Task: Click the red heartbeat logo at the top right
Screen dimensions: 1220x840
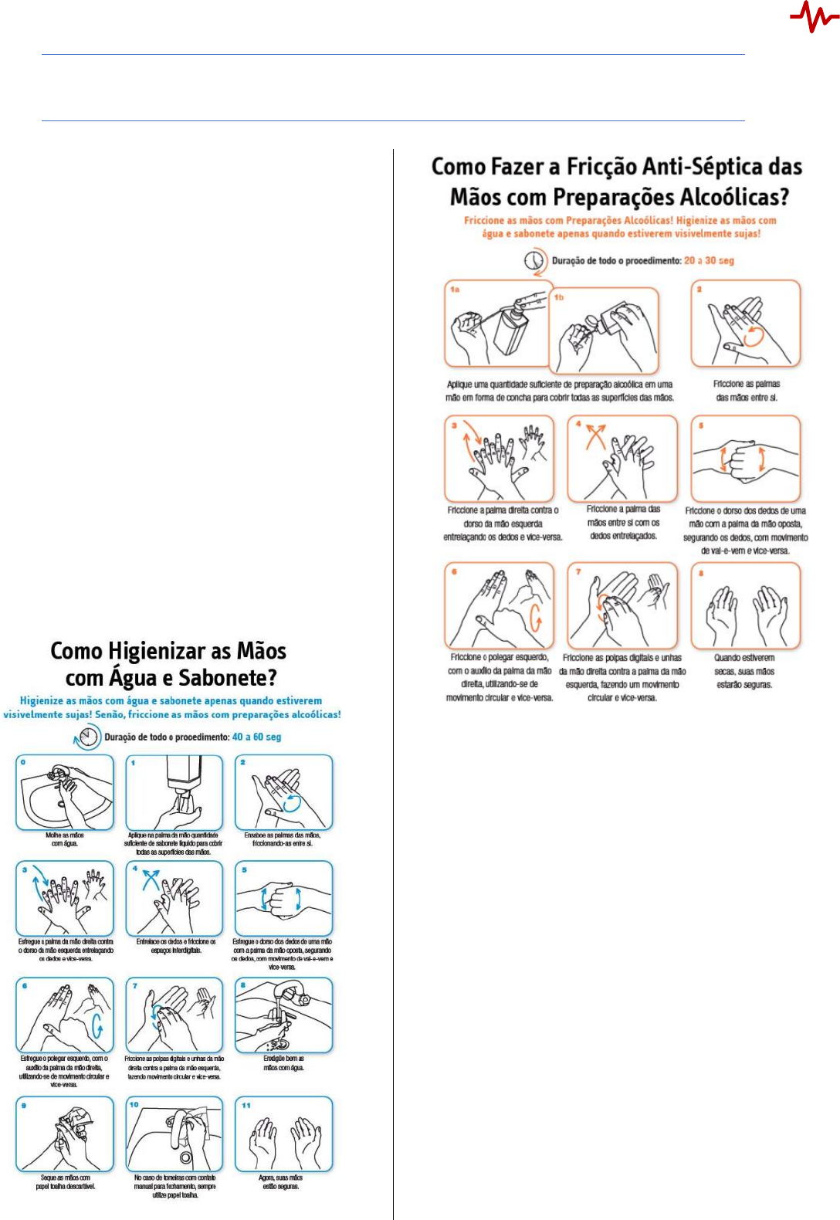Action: [814, 17]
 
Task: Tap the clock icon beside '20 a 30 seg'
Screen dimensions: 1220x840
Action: [534, 261]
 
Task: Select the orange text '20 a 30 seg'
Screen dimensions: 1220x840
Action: [709, 261]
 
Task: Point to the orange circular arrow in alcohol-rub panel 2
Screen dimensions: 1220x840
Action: [754, 335]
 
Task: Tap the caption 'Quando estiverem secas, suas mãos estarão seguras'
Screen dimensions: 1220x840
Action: [743, 672]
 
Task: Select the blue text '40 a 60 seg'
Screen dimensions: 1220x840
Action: [256, 737]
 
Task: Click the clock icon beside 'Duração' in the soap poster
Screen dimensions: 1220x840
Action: [89, 737]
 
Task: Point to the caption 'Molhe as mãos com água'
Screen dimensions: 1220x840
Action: [65, 839]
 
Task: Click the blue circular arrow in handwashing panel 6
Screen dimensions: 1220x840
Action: [97, 1025]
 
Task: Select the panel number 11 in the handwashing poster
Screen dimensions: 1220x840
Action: [246, 1106]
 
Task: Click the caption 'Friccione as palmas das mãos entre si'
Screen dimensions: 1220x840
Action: [747, 391]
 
